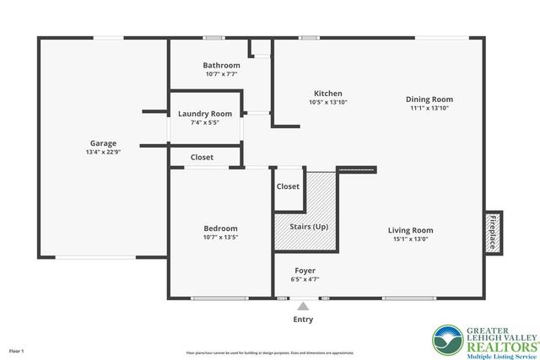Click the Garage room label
tap(104, 143)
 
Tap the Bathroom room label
tap(221, 65)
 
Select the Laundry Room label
tap(205, 114)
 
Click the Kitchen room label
tap(327, 93)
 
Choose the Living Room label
tap(410, 230)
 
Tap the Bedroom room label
tap(220, 228)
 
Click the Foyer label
tap(305, 271)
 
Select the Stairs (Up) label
tap(308, 227)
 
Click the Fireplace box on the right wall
tap(493, 232)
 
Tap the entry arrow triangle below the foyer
tap(303, 306)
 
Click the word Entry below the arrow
tap(303, 320)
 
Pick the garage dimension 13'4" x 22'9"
tap(104, 153)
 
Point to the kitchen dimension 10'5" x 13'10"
tap(327, 102)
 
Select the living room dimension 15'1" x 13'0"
tap(410, 239)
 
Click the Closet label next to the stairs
tap(288, 186)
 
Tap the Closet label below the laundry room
tap(202, 157)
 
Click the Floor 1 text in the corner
tap(17, 350)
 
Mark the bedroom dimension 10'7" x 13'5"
tap(220, 238)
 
